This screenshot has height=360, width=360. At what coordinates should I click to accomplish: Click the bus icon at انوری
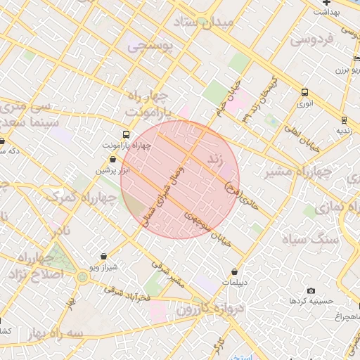coord(304,92)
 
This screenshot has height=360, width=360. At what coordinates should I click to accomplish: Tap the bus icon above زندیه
coord(343,120)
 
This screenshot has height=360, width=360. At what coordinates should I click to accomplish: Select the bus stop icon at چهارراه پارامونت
coord(126,134)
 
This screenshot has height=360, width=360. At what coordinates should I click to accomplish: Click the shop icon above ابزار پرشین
coord(112,160)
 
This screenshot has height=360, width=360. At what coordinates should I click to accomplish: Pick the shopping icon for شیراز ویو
coord(104,257)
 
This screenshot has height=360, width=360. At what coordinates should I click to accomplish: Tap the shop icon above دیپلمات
coord(234,271)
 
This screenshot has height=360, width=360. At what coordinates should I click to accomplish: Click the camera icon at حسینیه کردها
coord(311,290)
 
